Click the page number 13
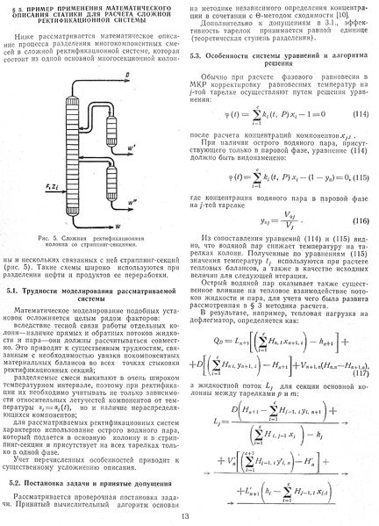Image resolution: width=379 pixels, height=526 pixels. click(x=189, y=516)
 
